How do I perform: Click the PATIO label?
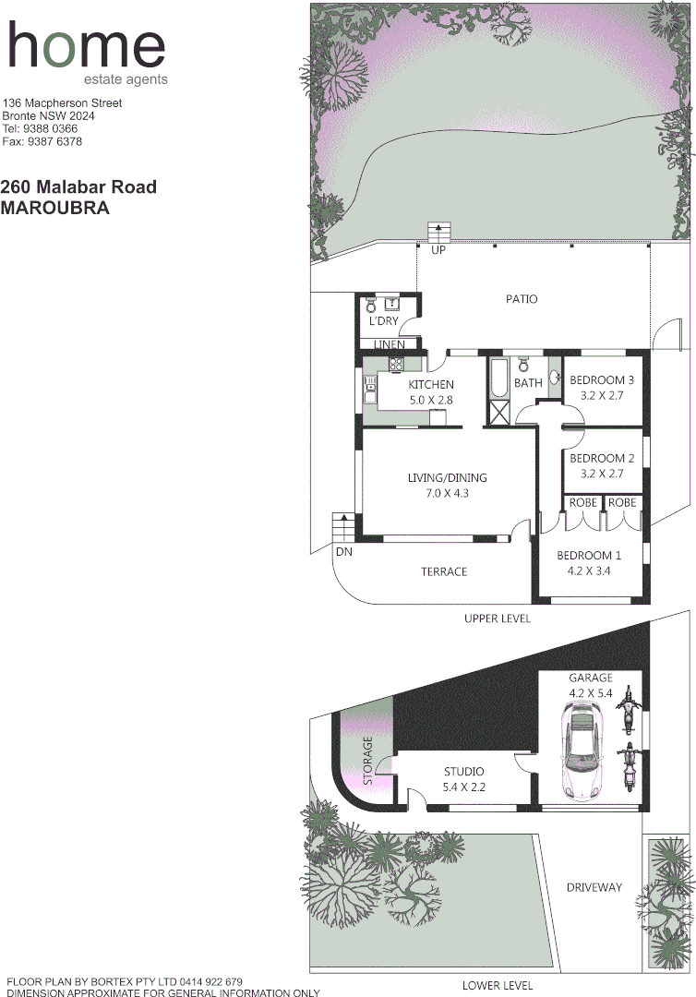[x=522, y=299]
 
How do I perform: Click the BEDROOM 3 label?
[x=601, y=380]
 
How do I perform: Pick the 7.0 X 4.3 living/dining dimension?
[x=447, y=494]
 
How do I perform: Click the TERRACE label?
[x=444, y=572]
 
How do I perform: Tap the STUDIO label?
[x=463, y=772]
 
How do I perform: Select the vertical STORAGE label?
[x=368, y=761]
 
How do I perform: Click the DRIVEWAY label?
[x=594, y=887]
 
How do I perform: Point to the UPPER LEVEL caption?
[x=498, y=619]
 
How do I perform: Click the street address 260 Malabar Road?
[x=78, y=187]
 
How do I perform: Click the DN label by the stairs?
[x=344, y=552]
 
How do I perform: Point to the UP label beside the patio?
[x=438, y=250]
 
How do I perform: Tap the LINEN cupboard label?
[x=389, y=344]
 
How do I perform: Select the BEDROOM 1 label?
[x=588, y=556]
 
